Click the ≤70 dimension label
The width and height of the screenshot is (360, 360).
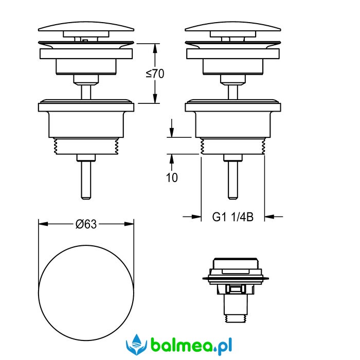tap(155, 74)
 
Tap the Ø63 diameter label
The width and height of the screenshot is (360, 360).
tap(86, 224)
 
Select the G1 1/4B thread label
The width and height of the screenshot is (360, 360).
tap(233, 217)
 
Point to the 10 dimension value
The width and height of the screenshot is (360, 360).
tap(172, 177)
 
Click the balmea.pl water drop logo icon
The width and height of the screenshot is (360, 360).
tap(136, 345)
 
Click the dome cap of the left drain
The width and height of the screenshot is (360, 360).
tap(86, 26)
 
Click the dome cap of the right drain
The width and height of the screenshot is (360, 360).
tap(233, 26)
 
